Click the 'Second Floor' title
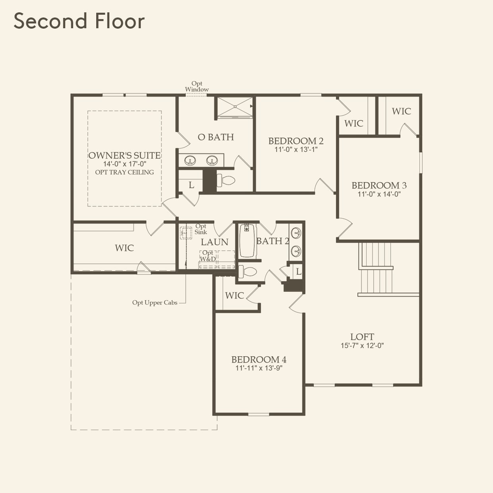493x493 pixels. coord(79,21)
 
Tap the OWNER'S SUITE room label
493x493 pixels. coord(124,155)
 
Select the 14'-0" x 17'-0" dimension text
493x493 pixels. coord(124,164)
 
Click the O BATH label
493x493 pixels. coord(216,137)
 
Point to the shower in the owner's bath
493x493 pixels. coord(235,107)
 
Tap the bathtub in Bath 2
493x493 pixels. coord(247,241)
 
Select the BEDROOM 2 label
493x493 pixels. coord(296,141)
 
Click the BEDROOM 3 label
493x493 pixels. coord(379,185)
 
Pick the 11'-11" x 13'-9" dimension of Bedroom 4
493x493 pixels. coord(259,368)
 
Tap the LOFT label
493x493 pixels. coord(362,337)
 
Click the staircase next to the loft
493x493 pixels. coord(376,268)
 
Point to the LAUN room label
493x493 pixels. coord(214,242)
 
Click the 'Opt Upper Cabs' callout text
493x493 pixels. coord(155,303)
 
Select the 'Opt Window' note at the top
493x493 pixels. coord(197,87)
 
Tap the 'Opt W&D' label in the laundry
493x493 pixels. coord(208,256)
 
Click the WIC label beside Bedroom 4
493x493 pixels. coord(234,295)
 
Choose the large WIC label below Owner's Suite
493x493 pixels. coord(124,248)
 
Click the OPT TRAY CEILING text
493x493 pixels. coord(124,172)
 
